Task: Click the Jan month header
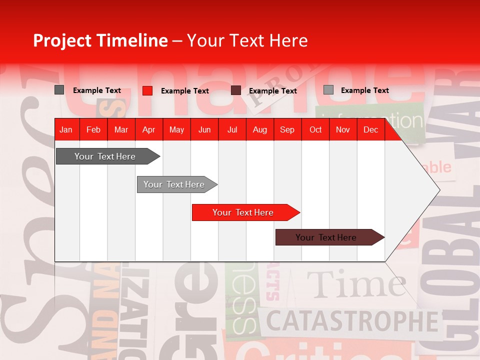tap(66, 130)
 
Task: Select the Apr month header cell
tap(148, 130)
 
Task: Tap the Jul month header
tap(232, 130)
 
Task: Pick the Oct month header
tap(315, 130)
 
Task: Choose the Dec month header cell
tap(370, 130)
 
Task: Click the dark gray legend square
tap(59, 90)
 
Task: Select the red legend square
tap(147, 90)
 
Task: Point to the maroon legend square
tap(236, 90)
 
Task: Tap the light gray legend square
tap(328, 90)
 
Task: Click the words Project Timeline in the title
tap(100, 40)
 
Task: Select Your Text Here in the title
tap(247, 40)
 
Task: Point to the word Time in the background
tap(355, 285)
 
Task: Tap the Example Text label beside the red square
tap(184, 91)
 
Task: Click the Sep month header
tap(287, 130)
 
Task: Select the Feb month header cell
tap(93, 130)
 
